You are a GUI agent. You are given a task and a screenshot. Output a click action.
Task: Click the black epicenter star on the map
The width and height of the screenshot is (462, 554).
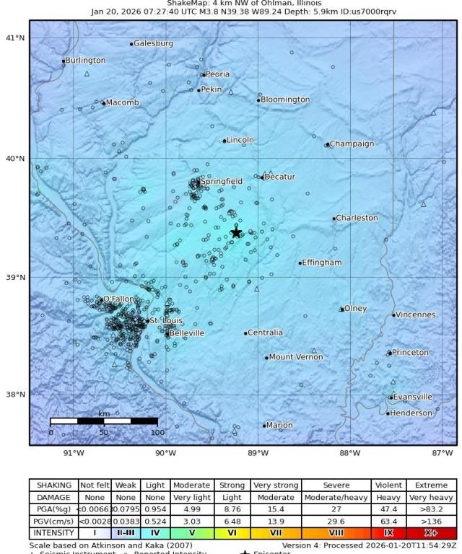(x=236, y=232)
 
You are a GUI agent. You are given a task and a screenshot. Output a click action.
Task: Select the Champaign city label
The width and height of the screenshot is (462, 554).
(x=352, y=144)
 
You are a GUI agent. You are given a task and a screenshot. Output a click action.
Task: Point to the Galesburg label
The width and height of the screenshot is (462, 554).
(x=153, y=43)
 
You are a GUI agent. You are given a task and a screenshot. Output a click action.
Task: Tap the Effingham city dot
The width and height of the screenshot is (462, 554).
(x=300, y=263)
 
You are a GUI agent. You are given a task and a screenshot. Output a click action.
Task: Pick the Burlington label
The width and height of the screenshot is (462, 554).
(x=86, y=61)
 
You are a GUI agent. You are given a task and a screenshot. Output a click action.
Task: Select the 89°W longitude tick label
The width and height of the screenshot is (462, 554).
(x=258, y=453)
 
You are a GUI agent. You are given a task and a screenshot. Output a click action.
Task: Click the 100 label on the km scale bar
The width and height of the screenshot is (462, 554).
(x=157, y=433)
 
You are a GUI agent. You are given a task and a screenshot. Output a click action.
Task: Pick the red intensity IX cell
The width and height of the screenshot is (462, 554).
(x=388, y=533)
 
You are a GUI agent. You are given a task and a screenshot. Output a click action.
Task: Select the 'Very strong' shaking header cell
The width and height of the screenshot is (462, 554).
(x=274, y=485)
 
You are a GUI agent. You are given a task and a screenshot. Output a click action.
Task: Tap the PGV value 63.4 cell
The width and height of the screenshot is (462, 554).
(x=388, y=521)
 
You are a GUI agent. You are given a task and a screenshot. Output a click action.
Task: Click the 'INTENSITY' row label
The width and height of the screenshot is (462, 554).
(x=54, y=533)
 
